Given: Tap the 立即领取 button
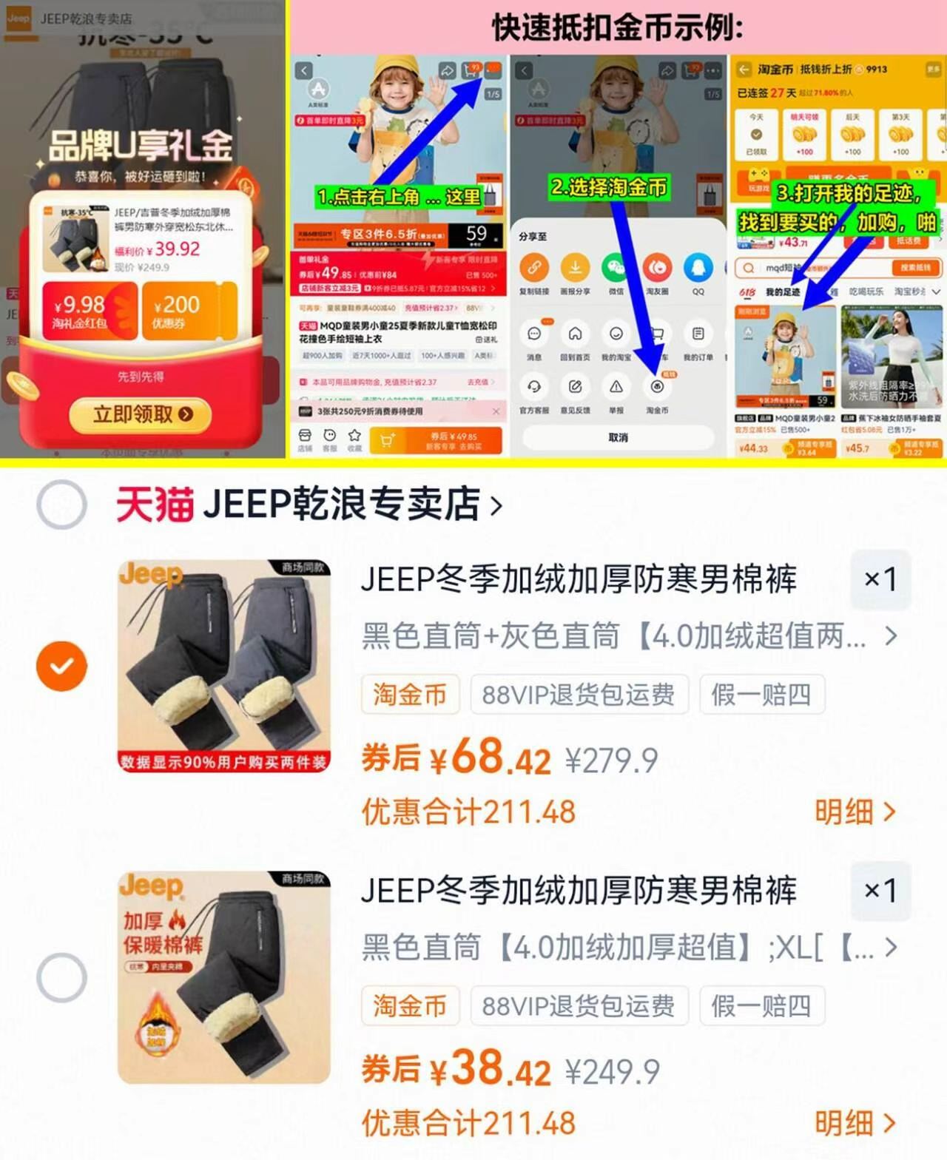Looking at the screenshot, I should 141,414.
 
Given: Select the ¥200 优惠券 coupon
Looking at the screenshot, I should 188,311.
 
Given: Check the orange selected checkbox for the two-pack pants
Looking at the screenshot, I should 61,666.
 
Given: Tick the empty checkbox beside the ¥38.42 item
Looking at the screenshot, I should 61,977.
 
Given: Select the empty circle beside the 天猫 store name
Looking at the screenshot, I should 61,505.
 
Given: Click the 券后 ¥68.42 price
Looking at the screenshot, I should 456,758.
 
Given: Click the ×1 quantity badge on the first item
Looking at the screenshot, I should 880,579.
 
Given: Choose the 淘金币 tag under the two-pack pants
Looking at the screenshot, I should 410,695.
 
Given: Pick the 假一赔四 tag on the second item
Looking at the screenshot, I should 761,1006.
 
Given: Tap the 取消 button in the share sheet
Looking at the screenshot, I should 619,437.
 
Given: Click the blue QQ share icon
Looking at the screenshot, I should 698,267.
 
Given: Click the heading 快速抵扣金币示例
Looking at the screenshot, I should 618,28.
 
